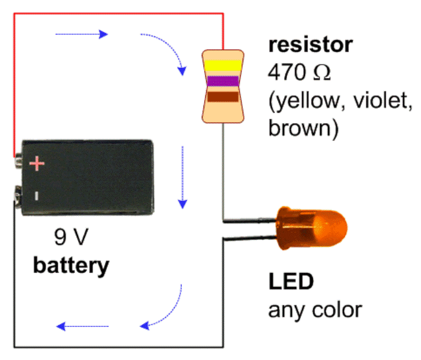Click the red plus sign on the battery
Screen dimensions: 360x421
37,163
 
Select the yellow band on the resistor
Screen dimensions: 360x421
223,64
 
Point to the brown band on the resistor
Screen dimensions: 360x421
223,96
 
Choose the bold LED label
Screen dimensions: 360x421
291,282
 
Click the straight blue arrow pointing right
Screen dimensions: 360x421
82,34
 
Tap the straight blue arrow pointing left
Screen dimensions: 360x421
82,326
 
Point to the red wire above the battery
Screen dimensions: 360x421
120,13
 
